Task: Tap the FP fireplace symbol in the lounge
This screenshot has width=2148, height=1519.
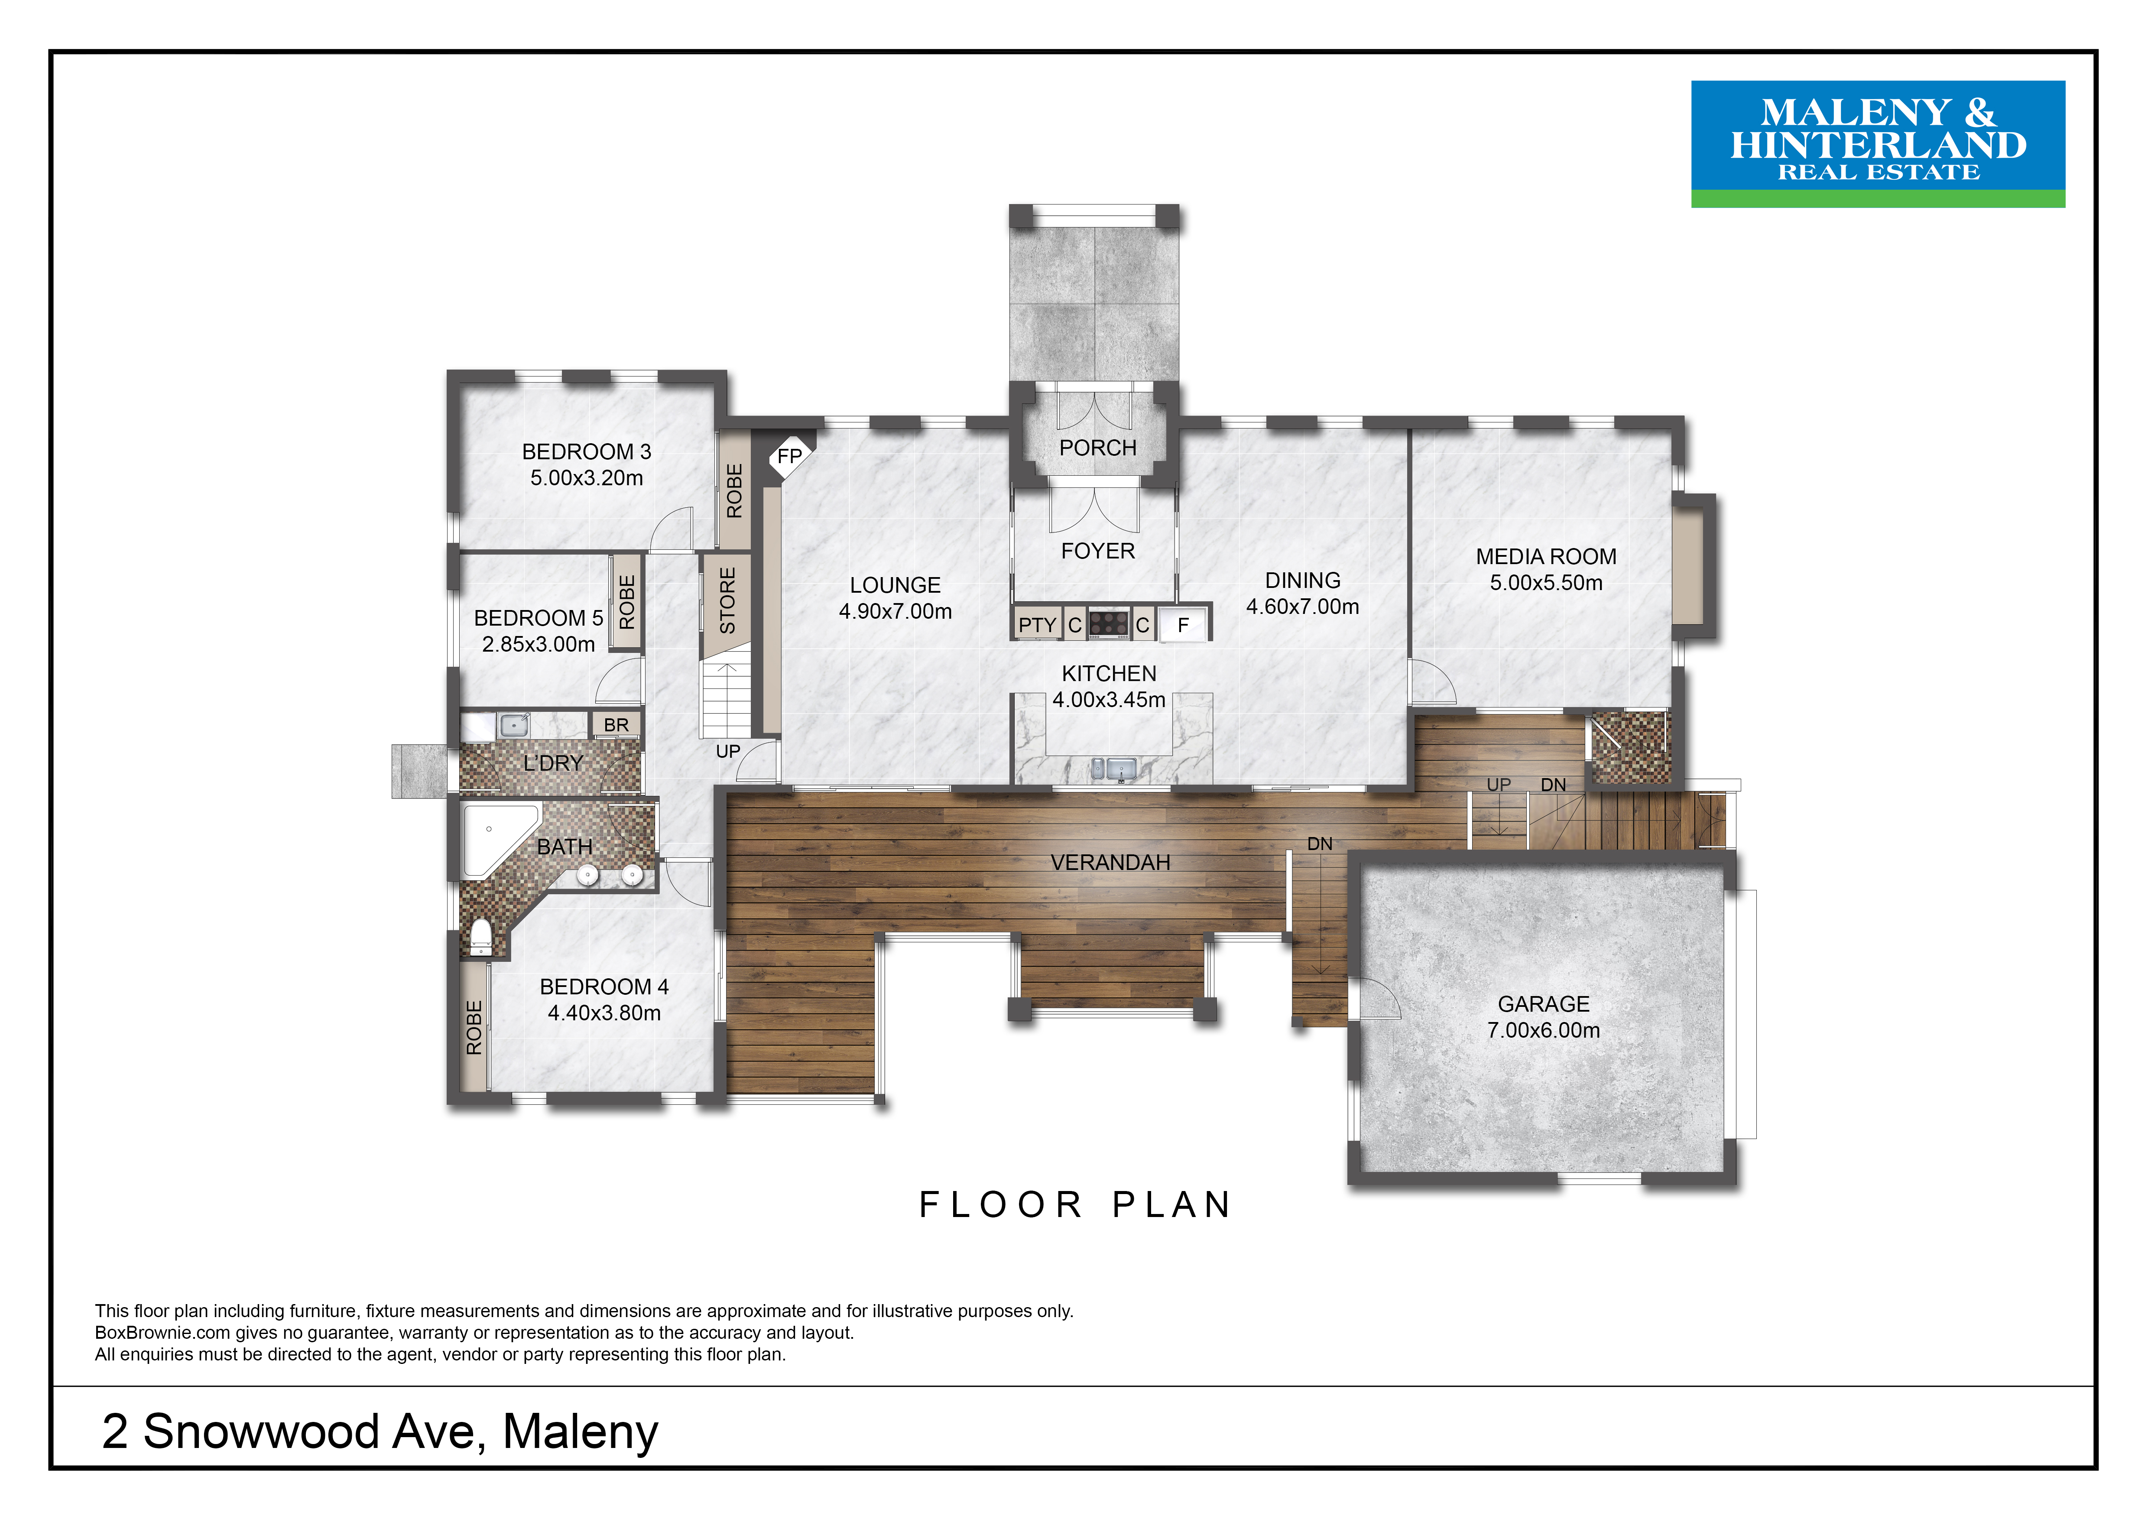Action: (x=790, y=457)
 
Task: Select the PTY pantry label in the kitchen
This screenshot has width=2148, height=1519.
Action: (x=1038, y=625)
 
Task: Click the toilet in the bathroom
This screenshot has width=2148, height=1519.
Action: (x=480, y=936)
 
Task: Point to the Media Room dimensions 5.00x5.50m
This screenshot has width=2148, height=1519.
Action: (x=1545, y=583)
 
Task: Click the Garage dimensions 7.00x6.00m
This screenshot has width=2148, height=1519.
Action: (x=1544, y=1030)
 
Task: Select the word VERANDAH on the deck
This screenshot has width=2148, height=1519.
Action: (x=1110, y=862)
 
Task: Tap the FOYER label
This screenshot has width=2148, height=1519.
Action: (x=1098, y=551)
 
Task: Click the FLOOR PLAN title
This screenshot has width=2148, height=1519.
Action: (x=1076, y=1205)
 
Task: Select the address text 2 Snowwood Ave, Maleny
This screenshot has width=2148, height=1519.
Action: (x=380, y=1431)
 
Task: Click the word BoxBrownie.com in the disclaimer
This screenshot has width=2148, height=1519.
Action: (x=163, y=1333)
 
